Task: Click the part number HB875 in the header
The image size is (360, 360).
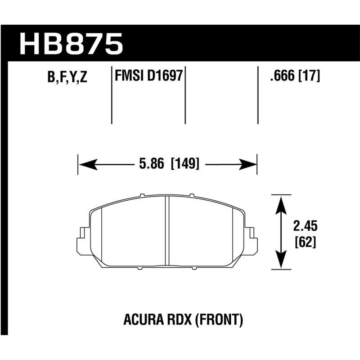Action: (x=71, y=44)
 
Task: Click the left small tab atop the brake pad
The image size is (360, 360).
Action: (x=142, y=195)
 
